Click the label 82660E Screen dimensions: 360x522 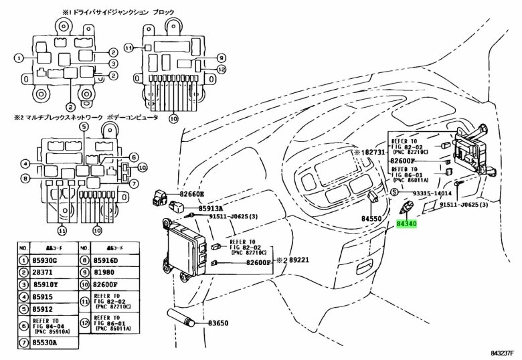click(x=191, y=194)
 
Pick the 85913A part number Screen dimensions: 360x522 click(x=209, y=207)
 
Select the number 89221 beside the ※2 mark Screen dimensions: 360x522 click(x=298, y=260)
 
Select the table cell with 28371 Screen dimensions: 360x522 click(x=41, y=274)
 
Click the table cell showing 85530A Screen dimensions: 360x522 click(x=45, y=343)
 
